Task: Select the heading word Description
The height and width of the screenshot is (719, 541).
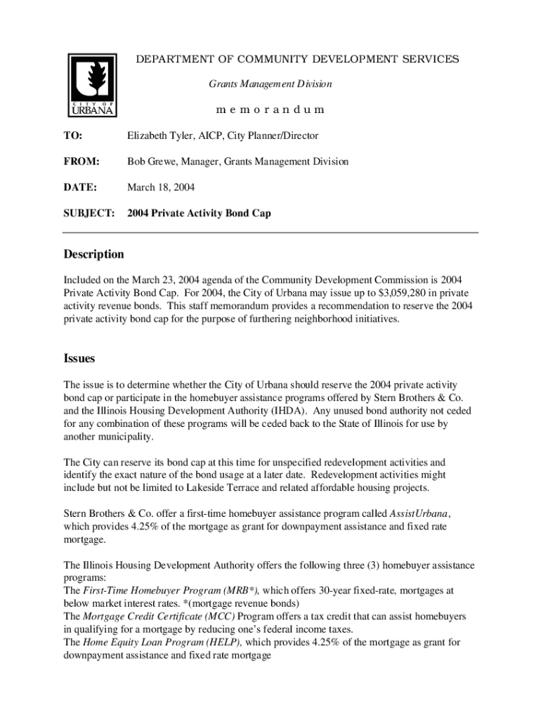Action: [x=94, y=254]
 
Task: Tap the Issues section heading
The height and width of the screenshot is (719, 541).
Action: [x=79, y=359]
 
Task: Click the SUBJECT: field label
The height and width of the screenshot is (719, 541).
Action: [x=89, y=213]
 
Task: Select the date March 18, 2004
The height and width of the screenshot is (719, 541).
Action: [x=161, y=187]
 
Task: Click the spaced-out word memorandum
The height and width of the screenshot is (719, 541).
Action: [x=270, y=110]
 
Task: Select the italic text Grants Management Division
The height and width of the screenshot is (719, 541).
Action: [x=270, y=84]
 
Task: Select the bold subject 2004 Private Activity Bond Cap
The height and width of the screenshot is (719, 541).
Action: [x=199, y=213]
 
